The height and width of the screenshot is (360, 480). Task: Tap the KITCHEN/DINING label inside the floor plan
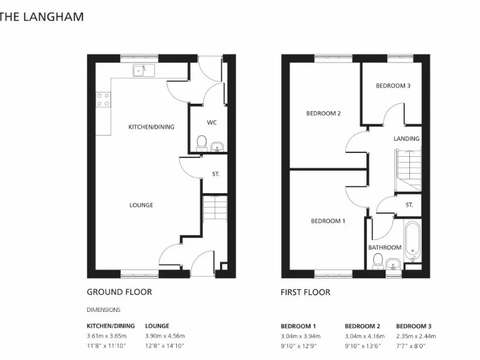pyautogui.click(x=151, y=127)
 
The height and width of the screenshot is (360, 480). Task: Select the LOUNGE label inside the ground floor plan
pyautogui.click(x=141, y=205)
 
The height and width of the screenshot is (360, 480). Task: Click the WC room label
pyautogui.click(x=212, y=122)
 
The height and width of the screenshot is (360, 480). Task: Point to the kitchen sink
pyautogui.click(x=139, y=71)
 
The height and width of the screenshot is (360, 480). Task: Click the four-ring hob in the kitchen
pyautogui.click(x=102, y=99)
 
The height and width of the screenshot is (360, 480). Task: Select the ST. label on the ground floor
pyautogui.click(x=216, y=174)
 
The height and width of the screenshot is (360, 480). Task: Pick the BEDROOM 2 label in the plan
pyautogui.click(x=323, y=114)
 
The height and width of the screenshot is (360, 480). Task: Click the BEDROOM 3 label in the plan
pyautogui.click(x=392, y=86)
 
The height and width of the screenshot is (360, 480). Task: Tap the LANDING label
pyautogui.click(x=406, y=139)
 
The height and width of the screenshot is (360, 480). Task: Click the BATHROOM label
pyautogui.click(x=384, y=247)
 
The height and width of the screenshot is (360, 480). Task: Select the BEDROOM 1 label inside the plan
pyautogui.click(x=328, y=221)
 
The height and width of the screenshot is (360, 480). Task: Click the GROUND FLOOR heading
pyautogui.click(x=119, y=292)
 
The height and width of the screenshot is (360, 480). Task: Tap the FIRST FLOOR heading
pyautogui.click(x=306, y=292)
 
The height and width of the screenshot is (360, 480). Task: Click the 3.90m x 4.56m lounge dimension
pyautogui.click(x=164, y=336)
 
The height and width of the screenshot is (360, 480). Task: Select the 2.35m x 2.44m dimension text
pyautogui.click(x=416, y=336)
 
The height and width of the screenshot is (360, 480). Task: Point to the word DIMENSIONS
pyautogui.click(x=103, y=309)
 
